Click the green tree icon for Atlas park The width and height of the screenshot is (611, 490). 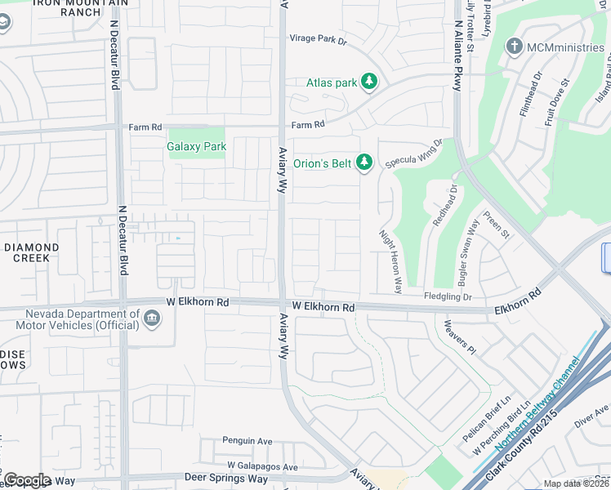click(x=370, y=81)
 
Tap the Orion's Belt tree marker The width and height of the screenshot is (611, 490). click(x=364, y=163)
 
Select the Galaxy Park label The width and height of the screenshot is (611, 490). click(x=196, y=147)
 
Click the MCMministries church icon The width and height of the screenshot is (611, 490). click(x=515, y=47)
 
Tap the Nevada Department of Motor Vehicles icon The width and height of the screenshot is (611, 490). click(x=152, y=318)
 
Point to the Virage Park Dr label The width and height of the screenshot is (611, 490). click(x=319, y=38)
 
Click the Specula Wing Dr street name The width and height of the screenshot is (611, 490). click(x=413, y=153)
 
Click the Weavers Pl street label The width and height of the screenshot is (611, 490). click(x=458, y=336)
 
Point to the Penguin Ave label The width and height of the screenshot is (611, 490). click(x=248, y=441)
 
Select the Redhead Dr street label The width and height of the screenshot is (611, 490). click(x=447, y=208)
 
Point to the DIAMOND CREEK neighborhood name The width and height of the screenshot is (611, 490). click(x=32, y=252)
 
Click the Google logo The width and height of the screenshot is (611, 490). click(x=27, y=480)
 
